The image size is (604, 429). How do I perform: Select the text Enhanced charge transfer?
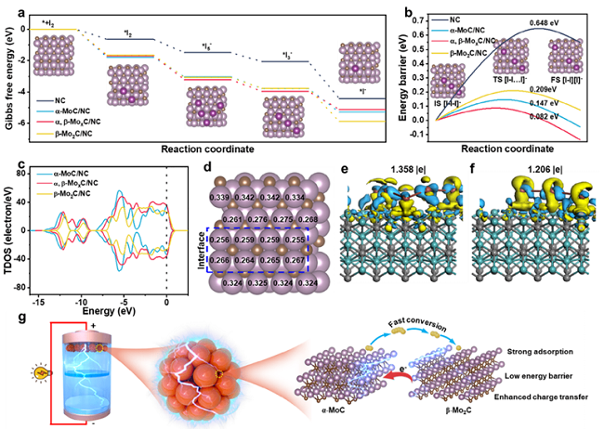[550, 396]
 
